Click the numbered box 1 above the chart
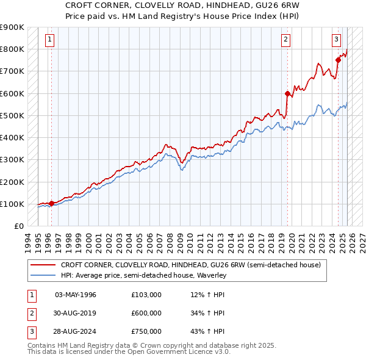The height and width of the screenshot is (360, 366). coord(50,40)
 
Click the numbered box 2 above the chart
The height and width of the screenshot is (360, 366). coord(285,40)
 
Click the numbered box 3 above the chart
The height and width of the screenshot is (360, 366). coord(336,40)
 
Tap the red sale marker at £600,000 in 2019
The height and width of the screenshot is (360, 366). coord(287,93)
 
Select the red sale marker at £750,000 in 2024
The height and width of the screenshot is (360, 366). coord(338,60)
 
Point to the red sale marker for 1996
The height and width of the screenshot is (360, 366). coord(51,203)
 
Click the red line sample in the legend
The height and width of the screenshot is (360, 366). coord(43,265)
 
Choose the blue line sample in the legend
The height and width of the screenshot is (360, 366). coord(43,275)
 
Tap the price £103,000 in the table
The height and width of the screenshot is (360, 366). coord(146,295)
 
